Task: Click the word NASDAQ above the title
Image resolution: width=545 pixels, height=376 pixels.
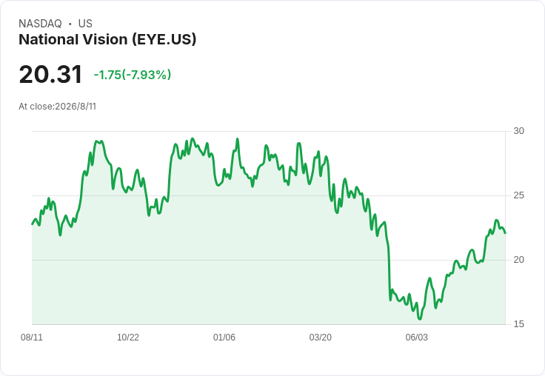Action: [x=40, y=24]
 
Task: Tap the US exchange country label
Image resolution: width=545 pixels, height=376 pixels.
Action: [x=85, y=24]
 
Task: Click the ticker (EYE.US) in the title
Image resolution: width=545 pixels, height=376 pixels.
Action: [x=164, y=40]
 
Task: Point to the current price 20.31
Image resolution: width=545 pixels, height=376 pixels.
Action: [x=50, y=74]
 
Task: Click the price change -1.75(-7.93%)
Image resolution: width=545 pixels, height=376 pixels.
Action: [x=133, y=75]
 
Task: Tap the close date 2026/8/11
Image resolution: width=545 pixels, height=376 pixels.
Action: [x=76, y=107]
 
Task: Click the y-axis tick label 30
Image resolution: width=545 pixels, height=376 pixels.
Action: [x=518, y=131]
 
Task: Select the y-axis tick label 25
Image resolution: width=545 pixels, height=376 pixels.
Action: [x=518, y=195]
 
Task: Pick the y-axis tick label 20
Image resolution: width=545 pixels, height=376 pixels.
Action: [x=518, y=260]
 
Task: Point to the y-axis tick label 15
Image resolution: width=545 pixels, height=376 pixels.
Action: [x=518, y=324]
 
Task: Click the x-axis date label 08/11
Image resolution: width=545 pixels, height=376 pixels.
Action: [x=32, y=337]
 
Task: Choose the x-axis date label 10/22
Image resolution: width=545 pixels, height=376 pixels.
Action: [x=128, y=337]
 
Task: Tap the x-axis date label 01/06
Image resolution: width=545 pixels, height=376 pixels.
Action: [x=224, y=337]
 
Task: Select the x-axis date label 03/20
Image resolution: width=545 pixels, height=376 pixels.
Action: [x=321, y=337]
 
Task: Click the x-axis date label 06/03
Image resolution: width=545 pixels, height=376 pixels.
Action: [x=417, y=337]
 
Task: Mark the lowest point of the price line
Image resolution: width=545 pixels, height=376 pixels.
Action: [x=420, y=319]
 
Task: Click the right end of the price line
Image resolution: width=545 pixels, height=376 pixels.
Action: [x=505, y=233]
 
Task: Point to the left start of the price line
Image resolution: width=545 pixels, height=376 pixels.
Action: [x=33, y=224]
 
